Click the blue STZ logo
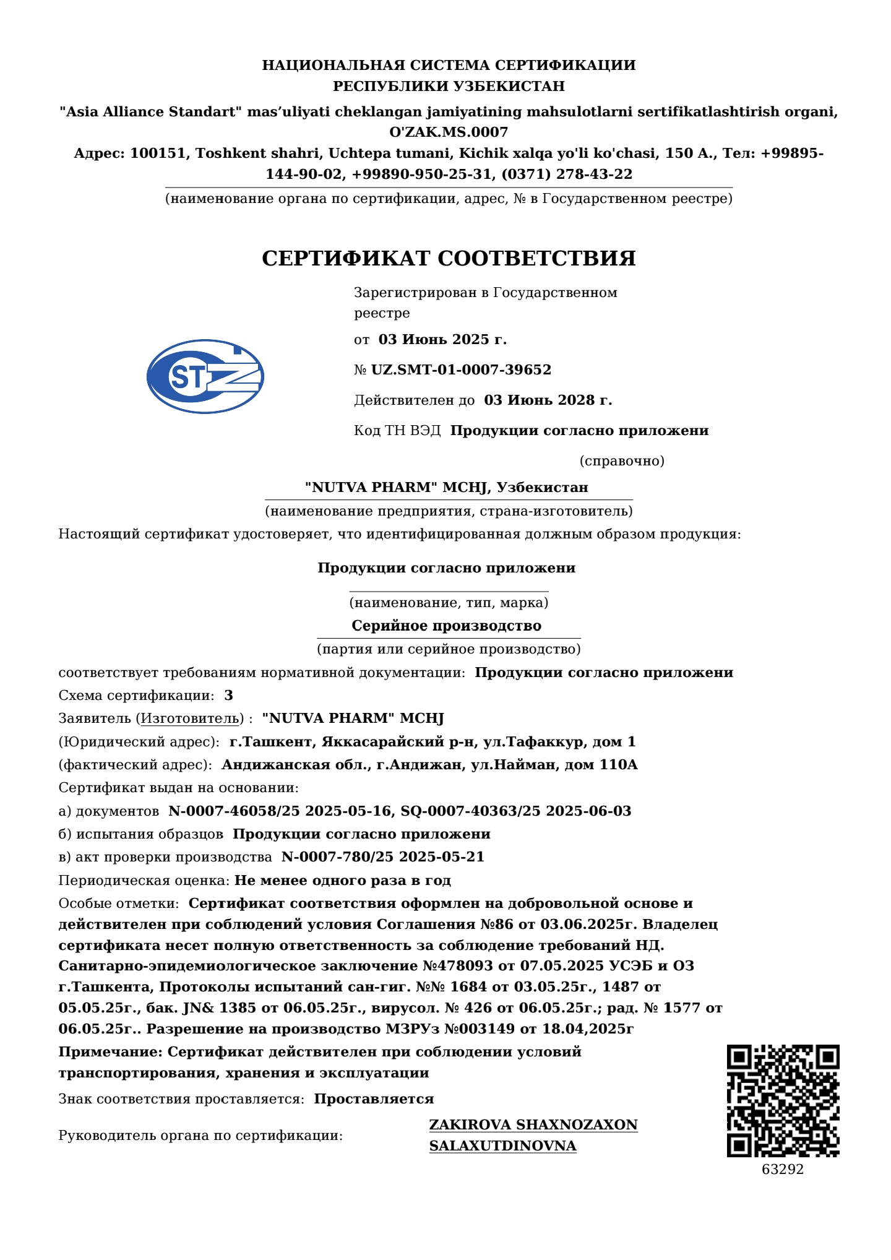205,376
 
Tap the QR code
783,1101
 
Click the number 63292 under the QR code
783,1169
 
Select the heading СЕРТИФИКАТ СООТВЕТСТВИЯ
449,259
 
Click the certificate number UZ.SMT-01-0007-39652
461,370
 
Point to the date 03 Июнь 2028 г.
548,400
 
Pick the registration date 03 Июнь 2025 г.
442,340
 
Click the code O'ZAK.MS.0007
449,132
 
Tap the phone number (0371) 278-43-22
567,175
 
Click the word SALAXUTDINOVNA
502,1146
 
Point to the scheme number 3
229,695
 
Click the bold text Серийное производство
446,626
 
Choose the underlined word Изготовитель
190,718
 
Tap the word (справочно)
622,461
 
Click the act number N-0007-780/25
337,857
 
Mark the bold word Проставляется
374,1099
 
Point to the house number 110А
618,765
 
